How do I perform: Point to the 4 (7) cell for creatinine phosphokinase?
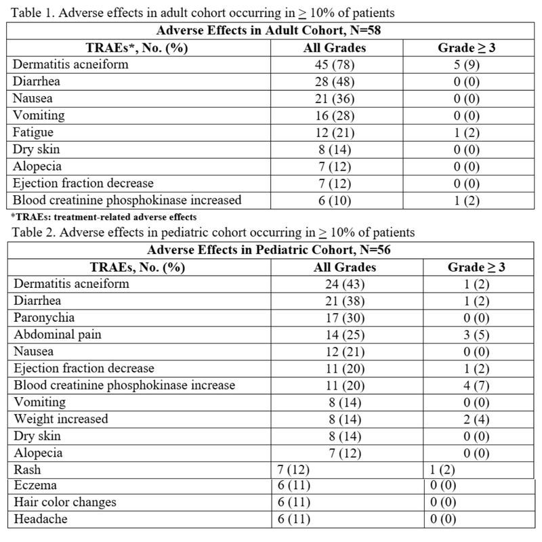(x=472, y=385)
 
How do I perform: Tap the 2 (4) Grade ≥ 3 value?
(x=472, y=418)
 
